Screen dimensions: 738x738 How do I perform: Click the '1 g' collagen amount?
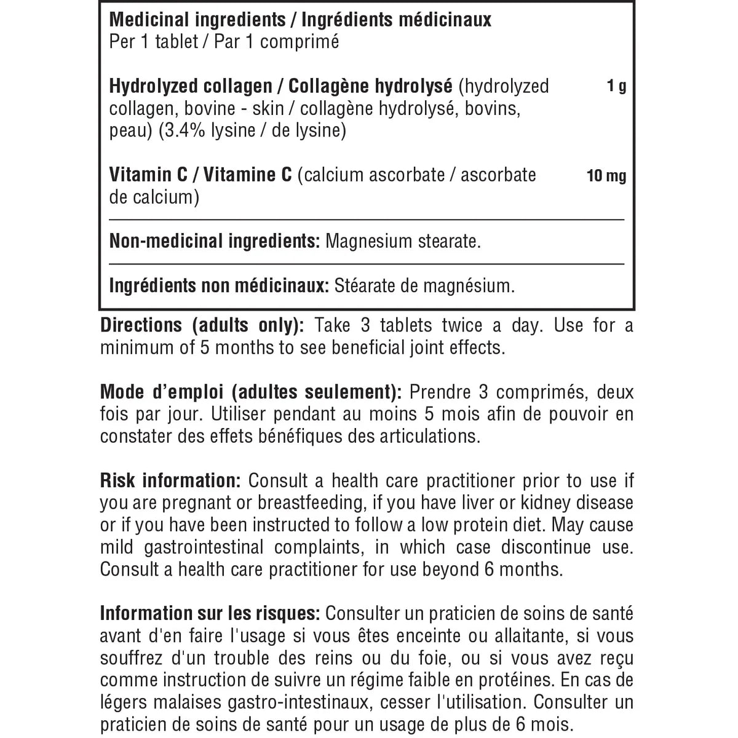(x=616, y=86)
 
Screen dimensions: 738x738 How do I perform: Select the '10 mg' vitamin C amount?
(x=606, y=177)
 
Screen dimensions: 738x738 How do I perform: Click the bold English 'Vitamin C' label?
(x=148, y=175)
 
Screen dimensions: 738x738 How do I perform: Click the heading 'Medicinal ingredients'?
(x=197, y=20)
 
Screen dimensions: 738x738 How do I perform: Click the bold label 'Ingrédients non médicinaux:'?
(x=216, y=286)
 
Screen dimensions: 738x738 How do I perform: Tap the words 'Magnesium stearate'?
(x=402, y=241)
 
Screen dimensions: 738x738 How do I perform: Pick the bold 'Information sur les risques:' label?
(x=209, y=614)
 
